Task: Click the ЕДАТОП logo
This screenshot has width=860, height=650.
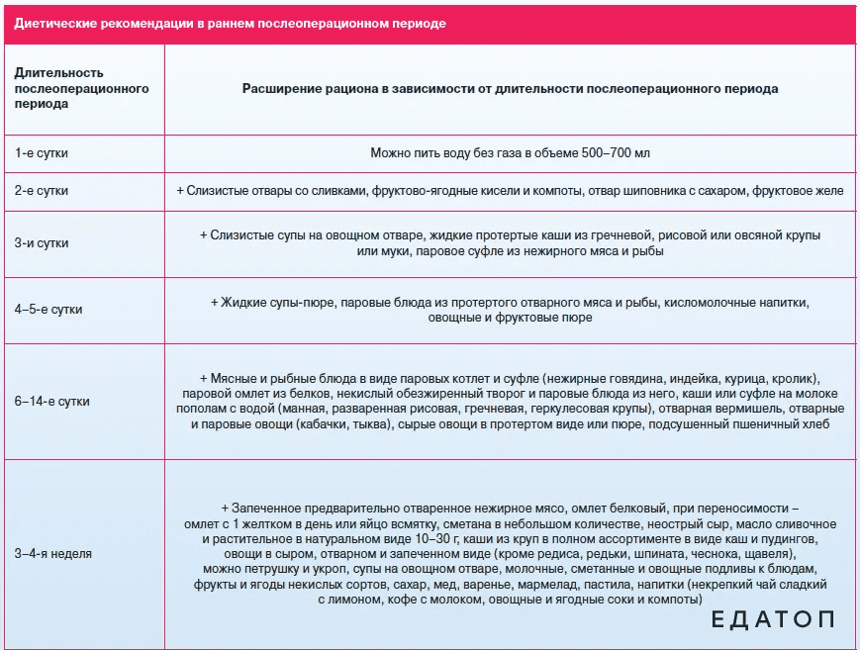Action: point(773,620)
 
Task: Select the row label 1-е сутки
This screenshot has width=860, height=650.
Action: point(42,153)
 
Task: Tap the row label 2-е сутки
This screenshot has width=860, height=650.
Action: point(42,190)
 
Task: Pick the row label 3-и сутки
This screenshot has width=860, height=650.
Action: point(42,242)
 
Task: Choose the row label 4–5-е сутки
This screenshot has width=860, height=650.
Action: point(48,309)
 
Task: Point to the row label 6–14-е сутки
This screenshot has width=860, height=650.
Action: point(51,401)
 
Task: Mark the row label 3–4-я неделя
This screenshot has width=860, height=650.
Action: point(53,554)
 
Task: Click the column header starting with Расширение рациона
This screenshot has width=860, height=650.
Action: point(510,89)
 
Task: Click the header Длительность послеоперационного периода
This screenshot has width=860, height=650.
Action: point(81,89)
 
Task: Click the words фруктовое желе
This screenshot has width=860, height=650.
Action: point(806,190)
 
